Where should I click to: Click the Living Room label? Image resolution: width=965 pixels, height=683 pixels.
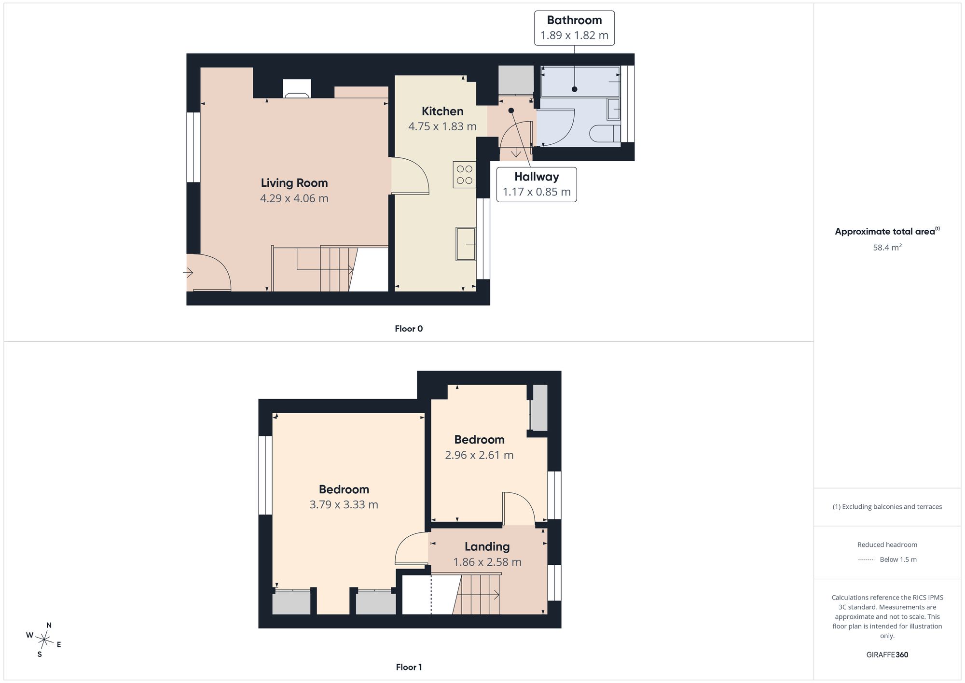[294, 183]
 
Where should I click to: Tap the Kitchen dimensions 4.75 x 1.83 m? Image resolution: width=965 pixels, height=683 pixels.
[442, 126]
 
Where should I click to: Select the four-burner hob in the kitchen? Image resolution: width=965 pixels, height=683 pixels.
[464, 175]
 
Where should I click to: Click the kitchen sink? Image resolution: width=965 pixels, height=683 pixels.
[466, 244]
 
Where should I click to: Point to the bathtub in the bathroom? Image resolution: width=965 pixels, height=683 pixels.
[580, 82]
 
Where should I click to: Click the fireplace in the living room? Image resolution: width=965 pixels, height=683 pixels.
[297, 89]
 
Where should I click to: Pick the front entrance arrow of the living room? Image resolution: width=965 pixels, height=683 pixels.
[188, 273]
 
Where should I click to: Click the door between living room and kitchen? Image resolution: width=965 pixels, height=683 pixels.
[410, 176]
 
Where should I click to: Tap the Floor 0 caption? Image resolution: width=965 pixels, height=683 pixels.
[409, 329]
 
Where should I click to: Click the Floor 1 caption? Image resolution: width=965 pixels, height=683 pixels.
[409, 667]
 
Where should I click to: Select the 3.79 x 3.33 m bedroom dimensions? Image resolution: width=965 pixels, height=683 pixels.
[344, 505]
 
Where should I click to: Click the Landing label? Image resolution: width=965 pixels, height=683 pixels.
[487, 547]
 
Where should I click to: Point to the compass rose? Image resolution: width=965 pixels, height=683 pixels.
[44, 640]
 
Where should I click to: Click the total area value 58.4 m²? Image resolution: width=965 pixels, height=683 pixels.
[887, 247]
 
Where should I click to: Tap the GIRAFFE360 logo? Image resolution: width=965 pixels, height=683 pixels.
[887, 655]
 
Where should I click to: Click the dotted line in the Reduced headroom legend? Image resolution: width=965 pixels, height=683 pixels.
[866, 560]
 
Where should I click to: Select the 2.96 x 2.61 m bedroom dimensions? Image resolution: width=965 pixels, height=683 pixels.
[479, 455]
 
